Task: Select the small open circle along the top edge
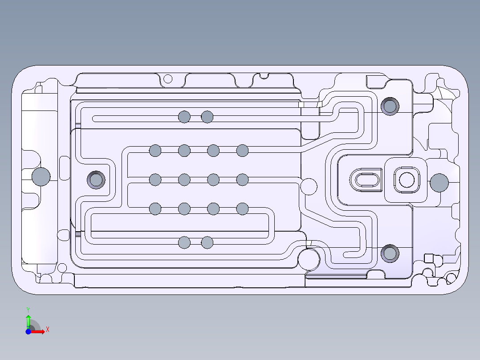[x=168, y=79]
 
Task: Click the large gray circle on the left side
[x=41, y=177]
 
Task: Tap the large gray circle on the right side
[x=439, y=183]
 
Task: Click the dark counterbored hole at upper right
[x=390, y=106]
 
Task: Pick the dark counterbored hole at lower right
[x=390, y=254]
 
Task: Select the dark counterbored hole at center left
[x=96, y=180]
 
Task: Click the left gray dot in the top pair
[x=184, y=117]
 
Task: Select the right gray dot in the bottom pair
[x=207, y=243]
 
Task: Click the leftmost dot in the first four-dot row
[x=155, y=151]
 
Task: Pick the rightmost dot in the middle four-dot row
[x=242, y=180]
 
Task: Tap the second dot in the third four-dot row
[x=184, y=209]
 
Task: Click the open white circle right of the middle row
[x=309, y=186]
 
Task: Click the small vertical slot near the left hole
[x=64, y=168]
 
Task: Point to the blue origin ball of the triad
[x=28, y=331]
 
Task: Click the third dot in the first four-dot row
[x=213, y=151]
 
